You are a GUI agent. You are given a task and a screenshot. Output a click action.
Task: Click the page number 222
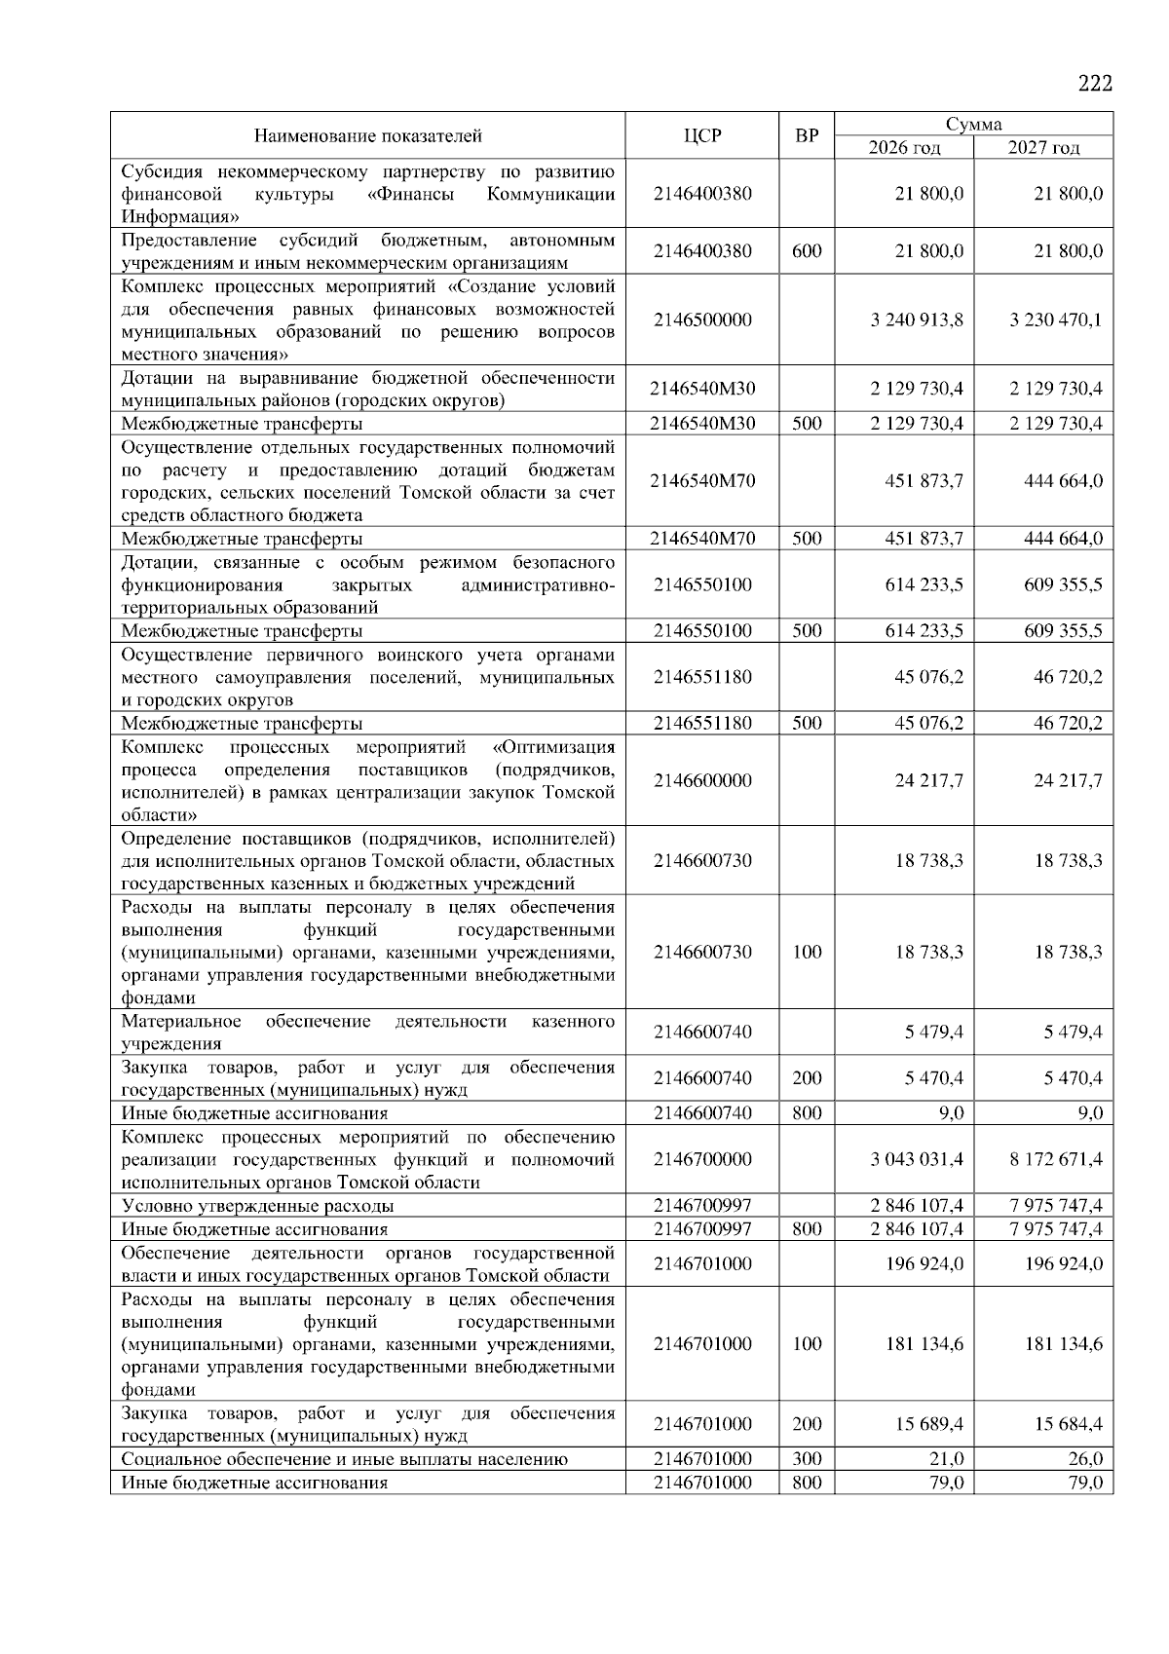point(1095,84)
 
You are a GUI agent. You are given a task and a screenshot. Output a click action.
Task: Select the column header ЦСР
point(702,135)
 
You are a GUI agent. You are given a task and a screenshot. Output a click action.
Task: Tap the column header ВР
point(807,135)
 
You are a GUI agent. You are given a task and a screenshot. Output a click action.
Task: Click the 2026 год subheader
point(904,148)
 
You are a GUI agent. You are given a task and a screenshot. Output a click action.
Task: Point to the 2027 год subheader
point(1043,148)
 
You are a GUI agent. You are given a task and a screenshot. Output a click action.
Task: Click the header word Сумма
point(973,124)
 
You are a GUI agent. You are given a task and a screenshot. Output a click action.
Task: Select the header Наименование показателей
point(367,135)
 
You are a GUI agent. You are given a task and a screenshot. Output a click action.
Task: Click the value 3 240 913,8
point(917,320)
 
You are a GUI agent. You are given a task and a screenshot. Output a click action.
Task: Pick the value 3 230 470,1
point(1056,320)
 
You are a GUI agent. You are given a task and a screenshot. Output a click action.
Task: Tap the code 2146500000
point(702,320)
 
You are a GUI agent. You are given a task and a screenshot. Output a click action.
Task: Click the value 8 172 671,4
point(1056,1159)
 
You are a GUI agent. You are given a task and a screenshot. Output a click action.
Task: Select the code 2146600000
point(702,780)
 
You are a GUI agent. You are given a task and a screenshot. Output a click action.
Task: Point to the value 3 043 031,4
point(917,1159)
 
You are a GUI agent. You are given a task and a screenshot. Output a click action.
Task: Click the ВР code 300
point(807,1458)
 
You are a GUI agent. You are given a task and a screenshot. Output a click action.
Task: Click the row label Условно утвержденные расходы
point(257,1206)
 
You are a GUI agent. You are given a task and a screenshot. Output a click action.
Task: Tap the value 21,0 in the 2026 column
point(945,1458)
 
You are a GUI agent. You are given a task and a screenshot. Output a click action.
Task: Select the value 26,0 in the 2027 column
point(1084,1458)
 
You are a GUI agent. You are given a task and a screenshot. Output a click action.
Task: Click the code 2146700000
point(702,1159)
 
